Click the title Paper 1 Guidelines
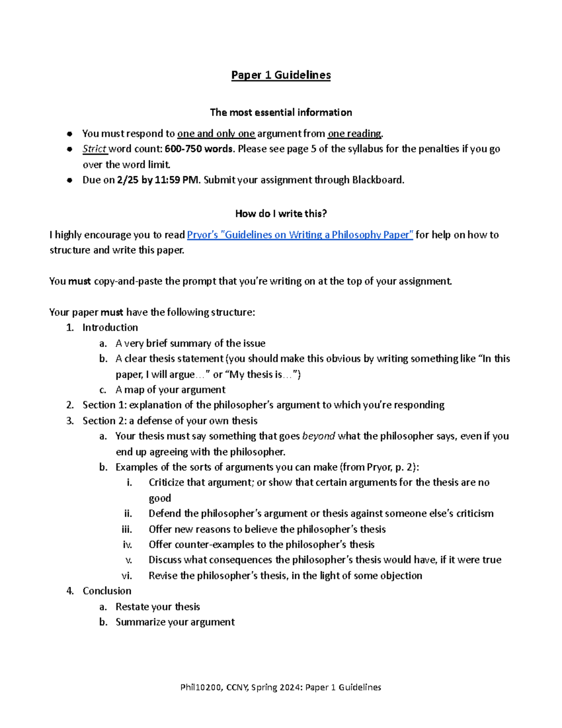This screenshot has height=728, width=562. click(281, 75)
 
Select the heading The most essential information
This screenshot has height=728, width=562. click(281, 113)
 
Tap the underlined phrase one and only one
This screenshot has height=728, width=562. click(216, 134)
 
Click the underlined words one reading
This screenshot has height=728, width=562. click(355, 134)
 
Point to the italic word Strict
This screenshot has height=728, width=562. click(95, 149)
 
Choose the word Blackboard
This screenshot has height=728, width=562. click(377, 180)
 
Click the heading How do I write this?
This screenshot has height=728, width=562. click(281, 214)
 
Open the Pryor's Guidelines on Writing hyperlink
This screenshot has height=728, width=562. click(300, 235)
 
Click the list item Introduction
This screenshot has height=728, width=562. click(110, 328)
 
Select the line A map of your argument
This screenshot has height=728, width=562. click(170, 390)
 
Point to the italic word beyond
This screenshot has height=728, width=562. click(318, 436)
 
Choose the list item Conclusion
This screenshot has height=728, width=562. click(107, 591)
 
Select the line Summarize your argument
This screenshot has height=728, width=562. click(175, 622)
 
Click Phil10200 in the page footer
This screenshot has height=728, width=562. click(201, 688)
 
